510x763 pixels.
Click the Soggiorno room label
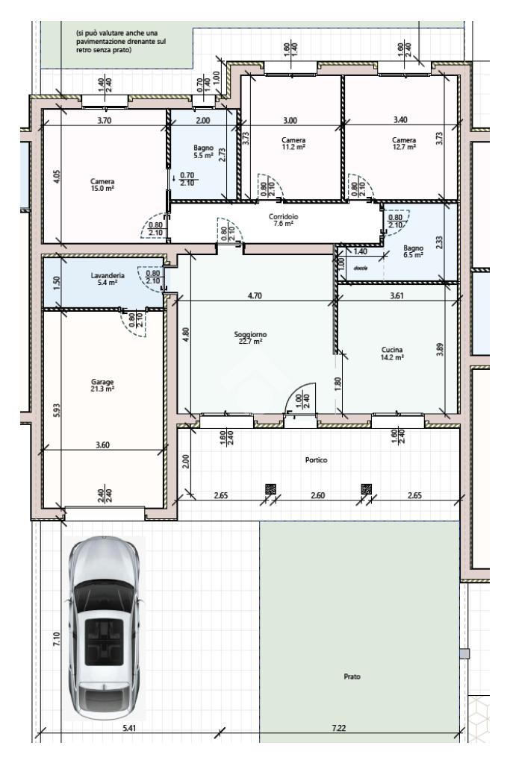(x=250, y=338)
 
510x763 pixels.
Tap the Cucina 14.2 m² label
(x=392, y=354)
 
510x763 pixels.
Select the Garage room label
(x=102, y=386)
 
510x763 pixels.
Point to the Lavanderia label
(x=108, y=278)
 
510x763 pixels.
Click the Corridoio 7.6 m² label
(x=284, y=220)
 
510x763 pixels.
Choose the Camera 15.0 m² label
(x=102, y=185)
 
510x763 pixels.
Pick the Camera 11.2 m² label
(x=293, y=143)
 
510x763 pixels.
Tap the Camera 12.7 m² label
(x=404, y=143)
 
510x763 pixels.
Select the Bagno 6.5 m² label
(x=413, y=251)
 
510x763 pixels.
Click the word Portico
(x=316, y=460)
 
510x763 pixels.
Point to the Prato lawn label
(x=352, y=676)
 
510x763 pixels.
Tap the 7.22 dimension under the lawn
(x=338, y=728)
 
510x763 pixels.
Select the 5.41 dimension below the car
(x=129, y=728)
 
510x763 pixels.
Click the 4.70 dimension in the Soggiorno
(x=255, y=295)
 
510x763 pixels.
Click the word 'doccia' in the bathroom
(x=361, y=268)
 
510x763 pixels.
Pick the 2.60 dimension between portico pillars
(x=317, y=495)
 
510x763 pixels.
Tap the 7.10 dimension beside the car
(x=57, y=638)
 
